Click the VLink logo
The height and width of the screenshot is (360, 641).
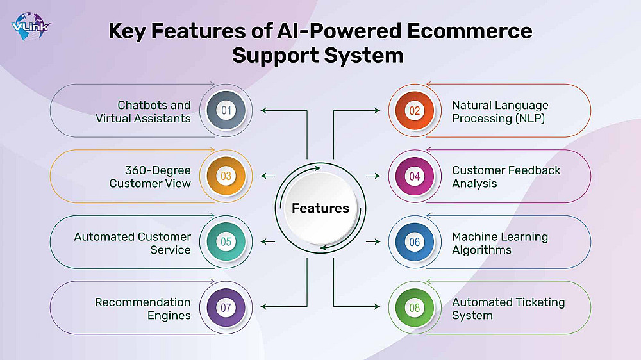pyautogui.click(x=30, y=28)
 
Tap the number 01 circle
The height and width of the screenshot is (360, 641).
pyautogui.click(x=226, y=111)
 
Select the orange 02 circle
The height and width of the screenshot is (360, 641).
pyautogui.click(x=415, y=111)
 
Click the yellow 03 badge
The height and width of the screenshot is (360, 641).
pyautogui.click(x=226, y=176)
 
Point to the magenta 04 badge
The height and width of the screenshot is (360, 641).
pyautogui.click(x=415, y=176)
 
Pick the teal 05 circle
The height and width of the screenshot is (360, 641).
pyautogui.click(x=226, y=242)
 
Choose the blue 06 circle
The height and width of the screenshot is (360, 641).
pyautogui.click(x=415, y=242)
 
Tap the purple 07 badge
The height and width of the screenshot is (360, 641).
pyautogui.click(x=226, y=307)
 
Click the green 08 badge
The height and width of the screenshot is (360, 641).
pyautogui.click(x=415, y=307)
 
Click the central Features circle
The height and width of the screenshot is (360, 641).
pyautogui.click(x=320, y=208)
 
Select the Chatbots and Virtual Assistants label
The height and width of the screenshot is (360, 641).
pyautogui.click(x=144, y=111)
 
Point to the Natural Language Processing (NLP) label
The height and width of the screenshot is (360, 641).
pyautogui.click(x=500, y=111)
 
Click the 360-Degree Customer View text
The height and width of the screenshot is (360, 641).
pyautogui.click(x=150, y=177)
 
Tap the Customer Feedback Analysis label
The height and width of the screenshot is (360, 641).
pyautogui.click(x=506, y=177)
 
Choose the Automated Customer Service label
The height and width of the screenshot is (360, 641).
pyautogui.click(x=133, y=243)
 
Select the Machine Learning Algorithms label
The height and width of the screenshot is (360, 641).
pyautogui.click(x=500, y=243)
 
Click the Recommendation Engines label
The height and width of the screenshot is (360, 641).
pyautogui.click(x=143, y=308)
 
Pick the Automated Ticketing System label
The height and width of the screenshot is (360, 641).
pyautogui.click(x=508, y=308)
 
